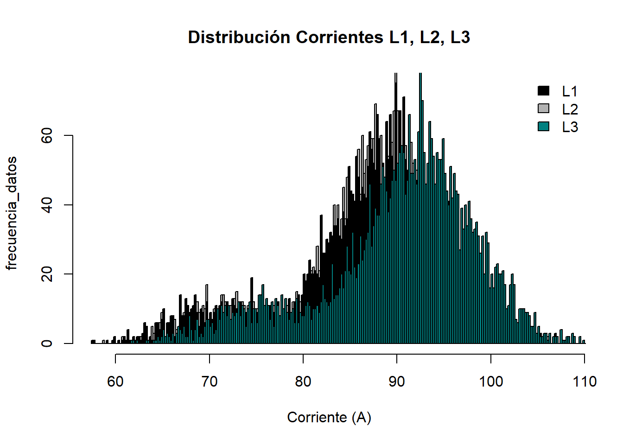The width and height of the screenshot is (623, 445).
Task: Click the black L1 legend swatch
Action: click(543, 91)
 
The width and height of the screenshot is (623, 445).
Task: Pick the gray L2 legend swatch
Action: click(543, 108)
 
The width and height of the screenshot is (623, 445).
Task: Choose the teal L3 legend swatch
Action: click(543, 126)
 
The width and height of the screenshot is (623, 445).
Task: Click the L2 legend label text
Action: click(570, 109)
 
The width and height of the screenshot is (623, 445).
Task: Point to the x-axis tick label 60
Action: click(115, 381)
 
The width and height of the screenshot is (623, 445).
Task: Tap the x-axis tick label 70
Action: click(209, 381)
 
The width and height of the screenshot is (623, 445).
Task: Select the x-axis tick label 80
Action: click(303, 381)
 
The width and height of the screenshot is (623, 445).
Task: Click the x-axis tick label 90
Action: click(397, 381)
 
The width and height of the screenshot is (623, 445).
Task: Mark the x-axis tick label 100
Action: click(490, 381)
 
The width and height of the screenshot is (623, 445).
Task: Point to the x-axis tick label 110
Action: click(585, 381)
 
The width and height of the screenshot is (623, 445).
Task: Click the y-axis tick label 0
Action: click(47, 343)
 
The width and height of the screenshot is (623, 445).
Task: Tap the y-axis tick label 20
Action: click(47, 274)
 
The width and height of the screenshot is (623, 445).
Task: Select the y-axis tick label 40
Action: click(47, 205)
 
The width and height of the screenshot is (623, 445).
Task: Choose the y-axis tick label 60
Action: click(47, 136)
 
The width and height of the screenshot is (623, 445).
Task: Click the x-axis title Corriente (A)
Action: click(329, 417)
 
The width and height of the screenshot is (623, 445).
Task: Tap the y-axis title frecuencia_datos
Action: click(12, 213)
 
